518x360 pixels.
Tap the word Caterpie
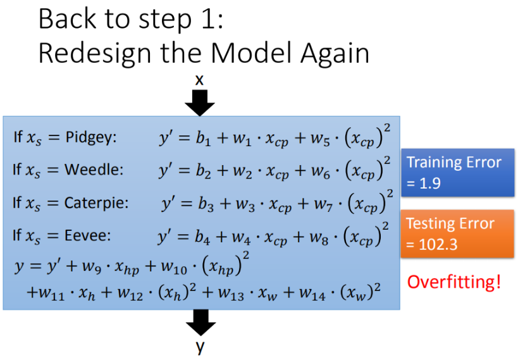point(97,203)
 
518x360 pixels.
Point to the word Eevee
point(87,236)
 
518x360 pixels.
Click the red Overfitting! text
point(453,282)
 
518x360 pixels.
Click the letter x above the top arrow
point(200,80)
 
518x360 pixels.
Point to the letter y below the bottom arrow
point(200,347)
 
